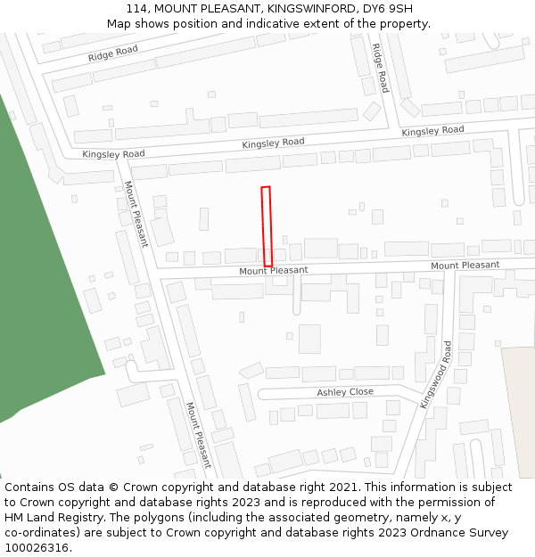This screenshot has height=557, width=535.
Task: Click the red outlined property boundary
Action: (266, 226)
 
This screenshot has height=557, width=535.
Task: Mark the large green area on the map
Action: (45, 267)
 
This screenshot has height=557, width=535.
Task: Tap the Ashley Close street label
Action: (345, 392)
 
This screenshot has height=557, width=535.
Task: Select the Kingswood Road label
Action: (438, 374)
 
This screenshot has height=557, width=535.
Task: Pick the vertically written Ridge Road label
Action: (380, 68)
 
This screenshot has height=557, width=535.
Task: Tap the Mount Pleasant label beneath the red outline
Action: (273, 270)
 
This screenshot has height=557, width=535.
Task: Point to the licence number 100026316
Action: (37, 548)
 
